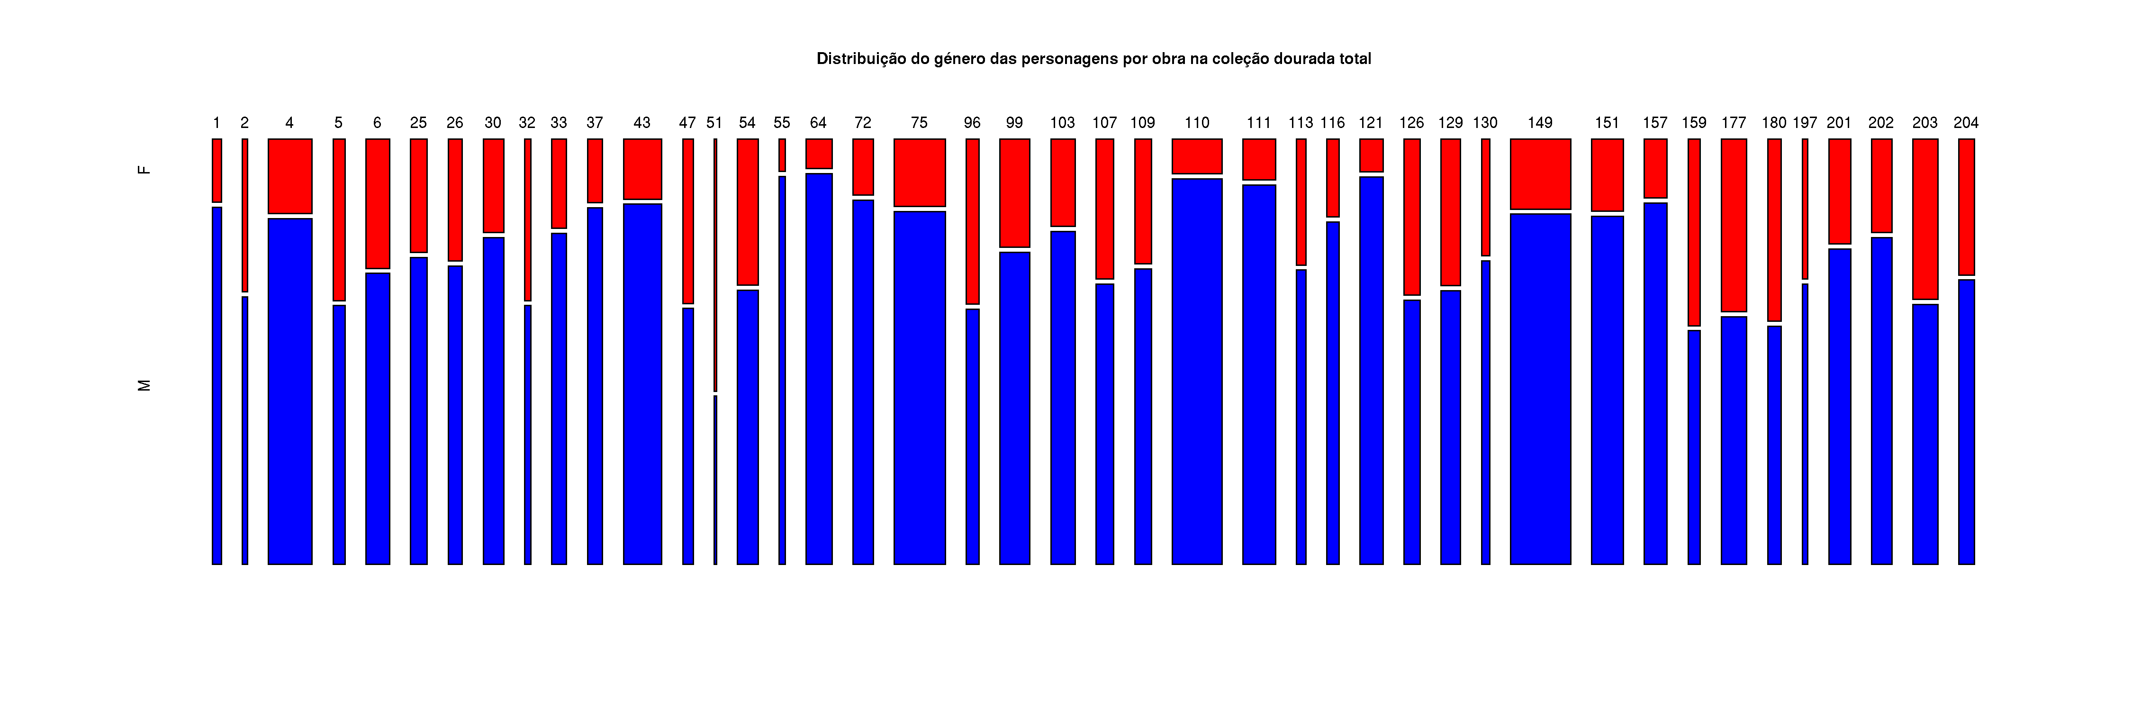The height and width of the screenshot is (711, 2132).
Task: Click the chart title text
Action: pos(1093,59)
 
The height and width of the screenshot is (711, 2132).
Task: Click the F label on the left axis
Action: pos(144,170)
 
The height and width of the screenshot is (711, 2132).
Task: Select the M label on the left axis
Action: pos(144,385)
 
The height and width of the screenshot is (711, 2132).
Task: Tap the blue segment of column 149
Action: pos(1540,389)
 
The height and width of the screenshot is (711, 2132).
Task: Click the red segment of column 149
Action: pos(1540,174)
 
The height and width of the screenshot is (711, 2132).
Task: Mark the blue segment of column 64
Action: pos(819,368)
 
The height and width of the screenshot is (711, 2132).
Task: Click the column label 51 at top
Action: pos(714,122)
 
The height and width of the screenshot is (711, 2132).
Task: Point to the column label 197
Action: pos(1805,122)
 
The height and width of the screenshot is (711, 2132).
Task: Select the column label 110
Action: pos(1197,122)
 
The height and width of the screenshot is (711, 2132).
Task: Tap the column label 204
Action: pos(1966,122)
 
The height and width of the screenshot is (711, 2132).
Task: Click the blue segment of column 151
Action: pos(1607,390)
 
